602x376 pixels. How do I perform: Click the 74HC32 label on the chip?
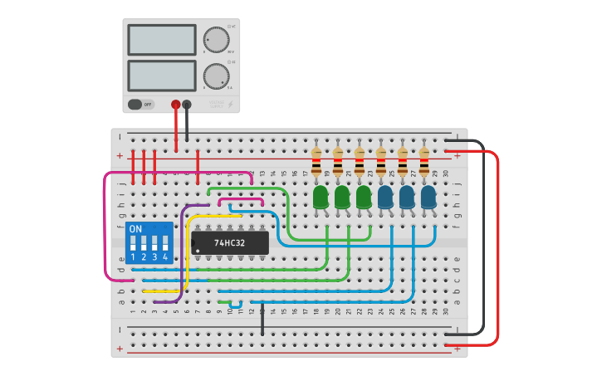pyautogui.click(x=229, y=243)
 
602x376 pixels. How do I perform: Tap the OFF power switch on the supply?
pyautogui.click(x=141, y=105)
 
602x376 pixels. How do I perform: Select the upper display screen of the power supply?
pyautogui.click(x=162, y=40)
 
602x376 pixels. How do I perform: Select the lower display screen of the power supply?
pyautogui.click(x=162, y=76)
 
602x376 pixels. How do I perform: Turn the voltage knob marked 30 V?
pyautogui.click(x=216, y=40)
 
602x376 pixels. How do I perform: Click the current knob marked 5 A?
pyautogui.click(x=216, y=76)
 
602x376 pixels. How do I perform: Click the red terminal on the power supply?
pyautogui.click(x=175, y=105)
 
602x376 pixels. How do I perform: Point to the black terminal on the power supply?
pyautogui.click(x=187, y=105)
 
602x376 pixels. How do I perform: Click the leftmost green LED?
pyautogui.click(x=321, y=197)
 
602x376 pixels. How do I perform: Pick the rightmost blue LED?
pyautogui.click(x=428, y=197)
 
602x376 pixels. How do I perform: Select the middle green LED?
pyautogui.click(x=342, y=197)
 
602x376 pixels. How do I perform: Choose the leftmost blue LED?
pyautogui.click(x=385, y=197)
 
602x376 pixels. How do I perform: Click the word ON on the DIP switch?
pyautogui.click(x=135, y=229)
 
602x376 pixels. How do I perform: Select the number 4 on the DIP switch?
pyautogui.click(x=165, y=258)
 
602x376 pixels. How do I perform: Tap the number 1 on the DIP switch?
pyautogui.click(x=133, y=258)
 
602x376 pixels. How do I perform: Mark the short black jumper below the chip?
pyautogui.click(x=262, y=320)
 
